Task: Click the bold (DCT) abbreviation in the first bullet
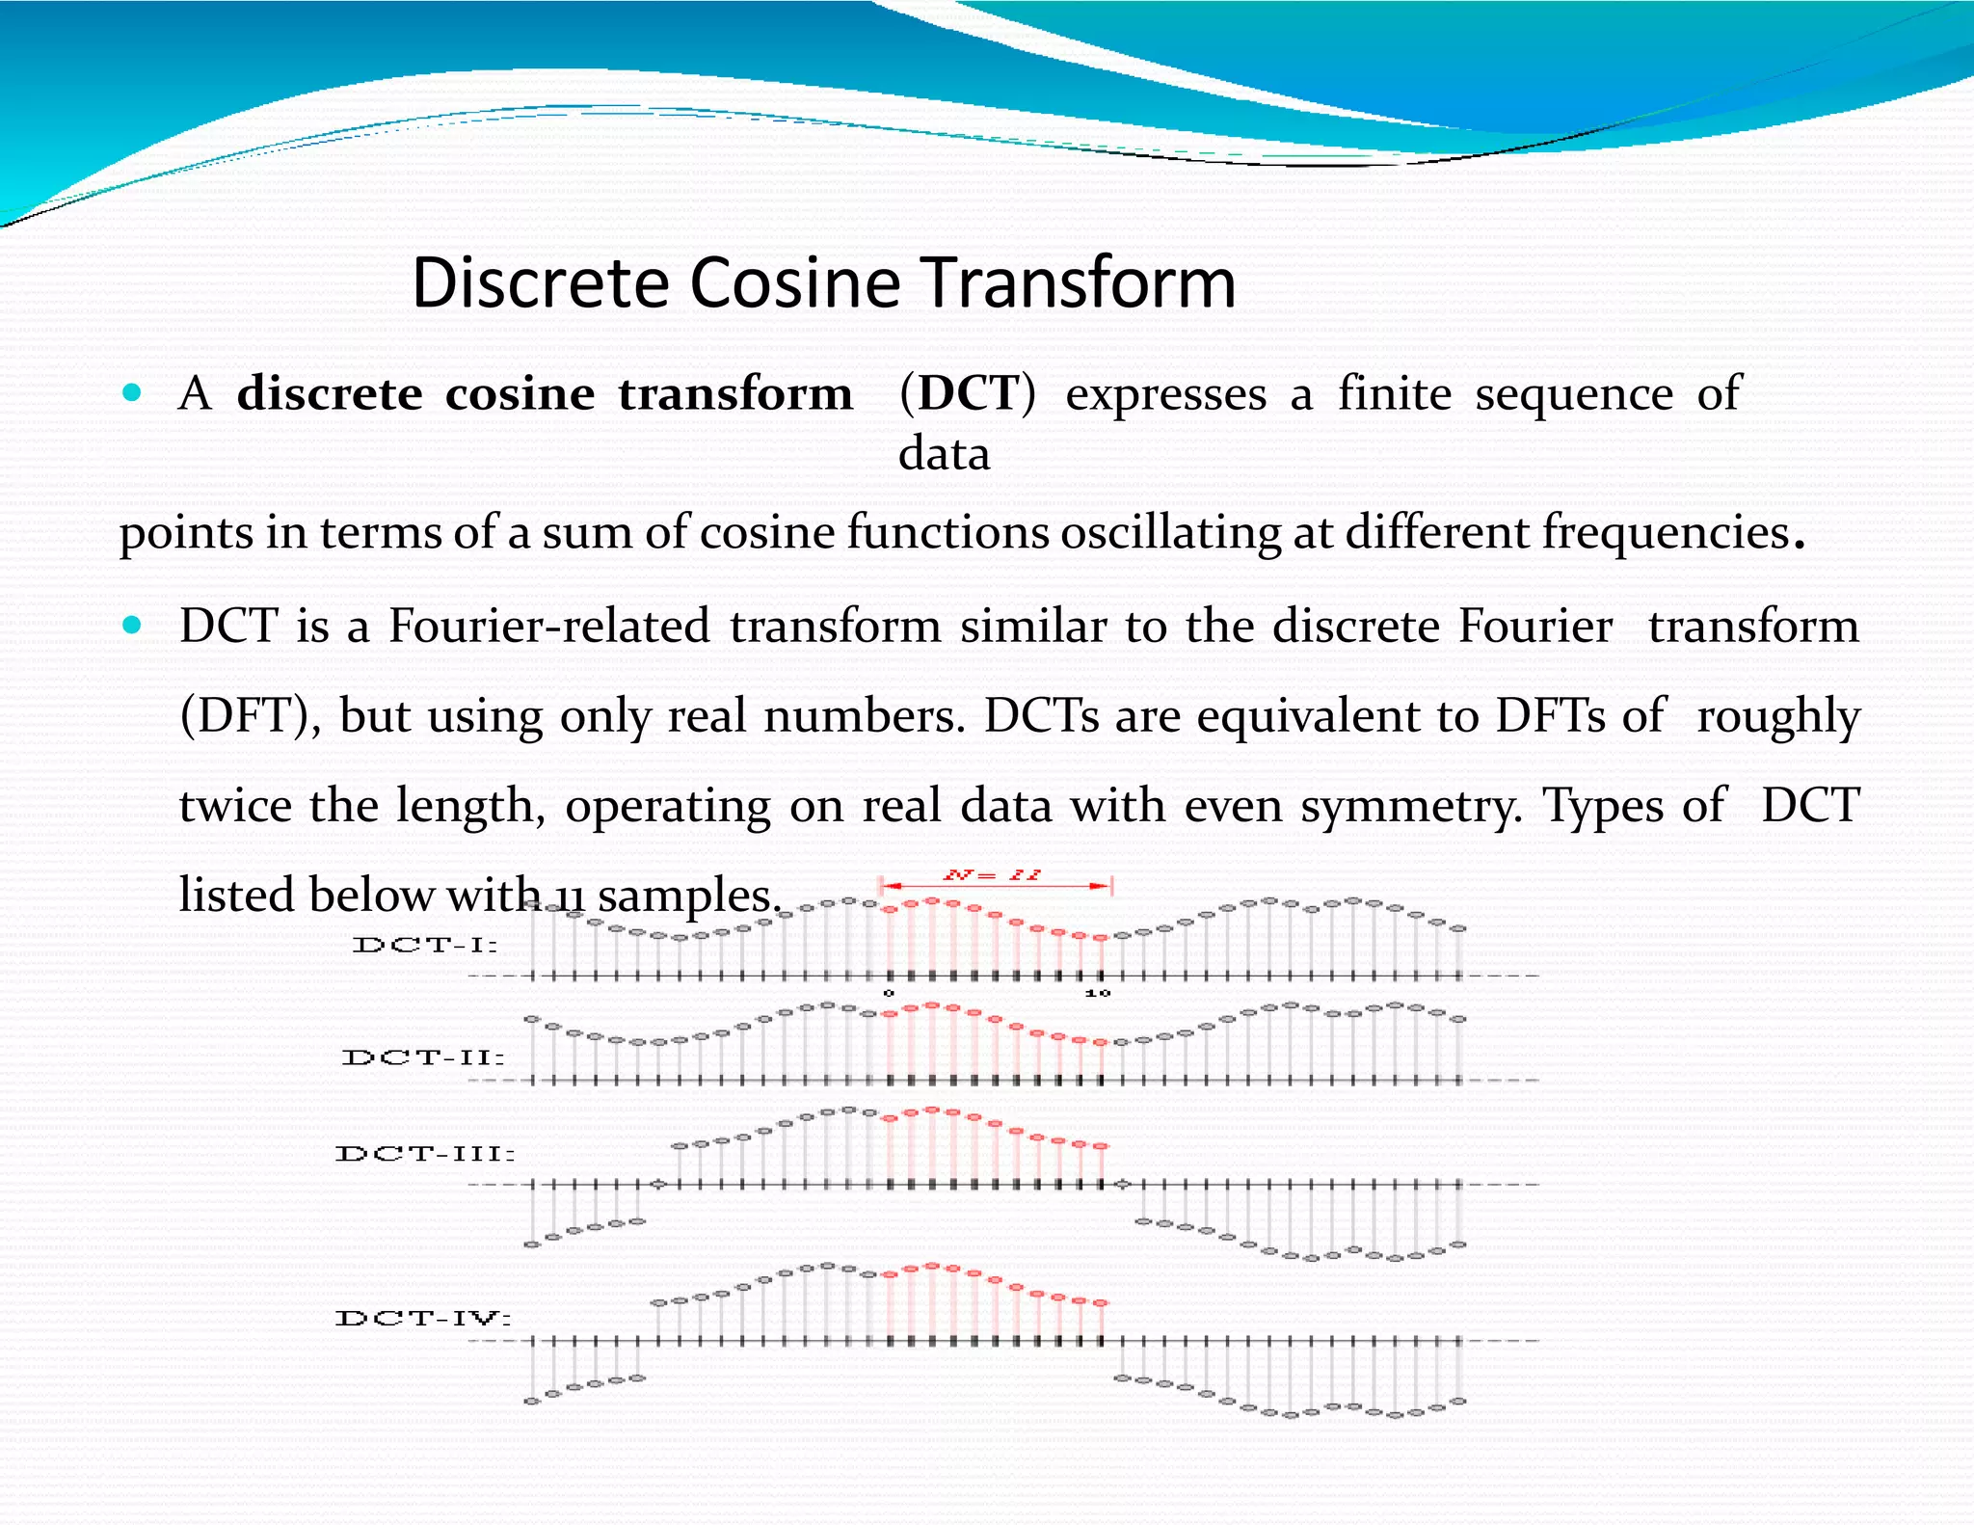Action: [x=967, y=393]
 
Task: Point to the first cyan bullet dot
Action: [x=132, y=392]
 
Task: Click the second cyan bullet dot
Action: [x=132, y=626]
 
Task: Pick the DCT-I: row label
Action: [x=425, y=945]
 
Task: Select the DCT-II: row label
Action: [x=423, y=1057]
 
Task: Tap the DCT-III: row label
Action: [x=425, y=1154]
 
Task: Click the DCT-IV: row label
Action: [x=423, y=1318]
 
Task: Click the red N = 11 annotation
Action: [x=992, y=875]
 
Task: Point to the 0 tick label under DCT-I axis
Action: [x=889, y=993]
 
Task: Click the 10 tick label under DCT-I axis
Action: [x=1098, y=993]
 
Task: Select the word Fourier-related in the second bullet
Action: [x=549, y=627]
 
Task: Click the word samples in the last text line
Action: [x=684, y=896]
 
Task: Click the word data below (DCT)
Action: [x=944, y=454]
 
